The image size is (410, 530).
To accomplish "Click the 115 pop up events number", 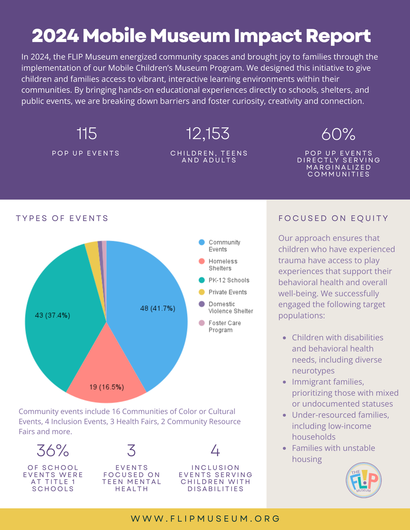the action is pyautogui.click(x=87, y=134).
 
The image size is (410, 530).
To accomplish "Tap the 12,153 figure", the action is pyautogui.click(x=208, y=134).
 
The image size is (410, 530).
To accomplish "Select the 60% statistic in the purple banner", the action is pyautogui.click(x=338, y=134).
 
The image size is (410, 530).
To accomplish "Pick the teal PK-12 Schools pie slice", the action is pyautogui.click(x=64, y=317).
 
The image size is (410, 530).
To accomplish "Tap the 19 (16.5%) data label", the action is pyautogui.click(x=107, y=387).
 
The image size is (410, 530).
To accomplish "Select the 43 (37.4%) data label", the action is pyautogui.click(x=52, y=315).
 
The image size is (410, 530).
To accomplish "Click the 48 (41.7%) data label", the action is pyautogui.click(x=158, y=308).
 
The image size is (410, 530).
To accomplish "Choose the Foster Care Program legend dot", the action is pyautogui.click(x=202, y=323).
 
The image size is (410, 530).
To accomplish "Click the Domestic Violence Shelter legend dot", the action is pyautogui.click(x=202, y=304).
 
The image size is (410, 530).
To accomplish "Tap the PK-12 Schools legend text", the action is pyautogui.click(x=229, y=280).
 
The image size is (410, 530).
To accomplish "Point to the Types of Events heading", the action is pyautogui.click(x=62, y=218).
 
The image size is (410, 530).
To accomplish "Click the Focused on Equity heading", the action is pyautogui.click(x=333, y=218).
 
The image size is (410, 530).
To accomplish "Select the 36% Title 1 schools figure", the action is pyautogui.click(x=53, y=450).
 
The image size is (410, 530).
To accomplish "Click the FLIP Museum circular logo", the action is pyautogui.click(x=364, y=480).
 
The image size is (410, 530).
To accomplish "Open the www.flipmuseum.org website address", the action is pyautogui.click(x=205, y=519).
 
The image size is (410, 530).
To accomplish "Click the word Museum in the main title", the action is pyautogui.click(x=190, y=36).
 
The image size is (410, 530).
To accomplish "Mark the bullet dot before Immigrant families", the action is pyautogui.click(x=284, y=382).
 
